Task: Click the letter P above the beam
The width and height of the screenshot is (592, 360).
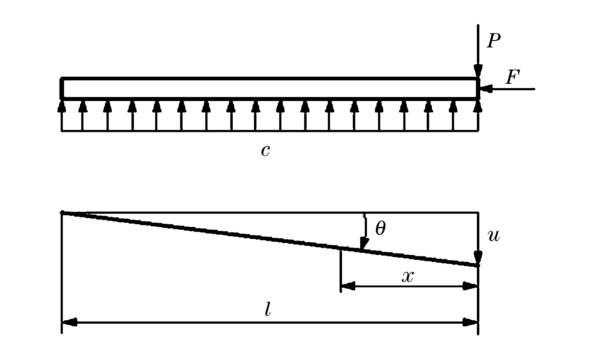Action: click(493, 41)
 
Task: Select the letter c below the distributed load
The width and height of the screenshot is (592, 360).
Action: click(265, 151)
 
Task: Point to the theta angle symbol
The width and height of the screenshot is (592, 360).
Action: click(381, 229)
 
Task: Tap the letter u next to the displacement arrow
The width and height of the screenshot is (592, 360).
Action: click(494, 236)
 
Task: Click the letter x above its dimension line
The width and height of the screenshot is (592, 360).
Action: click(408, 277)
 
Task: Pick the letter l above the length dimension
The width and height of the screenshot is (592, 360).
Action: click(268, 310)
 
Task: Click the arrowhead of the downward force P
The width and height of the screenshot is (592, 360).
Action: click(478, 70)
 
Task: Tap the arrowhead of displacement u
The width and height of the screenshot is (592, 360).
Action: click(478, 257)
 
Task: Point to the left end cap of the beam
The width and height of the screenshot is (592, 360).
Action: click(62, 88)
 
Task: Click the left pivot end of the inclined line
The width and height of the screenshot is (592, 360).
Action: click(62, 212)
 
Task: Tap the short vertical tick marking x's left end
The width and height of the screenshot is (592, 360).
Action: click(340, 271)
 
